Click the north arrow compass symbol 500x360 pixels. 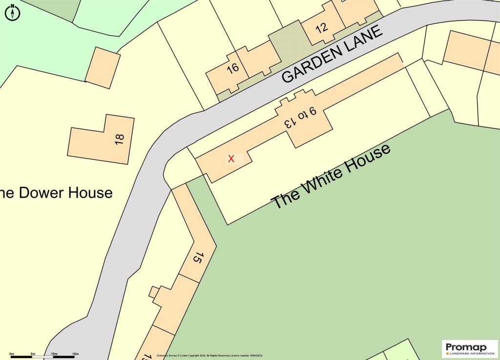[x=12, y=13]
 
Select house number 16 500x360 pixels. [x=233, y=68]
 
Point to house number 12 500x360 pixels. [x=322, y=28]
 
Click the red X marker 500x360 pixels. [x=231, y=158]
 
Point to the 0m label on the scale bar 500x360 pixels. [x=12, y=353]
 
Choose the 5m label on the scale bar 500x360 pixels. [x=33, y=353]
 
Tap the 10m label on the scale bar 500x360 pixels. [x=54, y=353]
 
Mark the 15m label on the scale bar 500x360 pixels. [x=75, y=353]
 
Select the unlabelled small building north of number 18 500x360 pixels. [x=103, y=68]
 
